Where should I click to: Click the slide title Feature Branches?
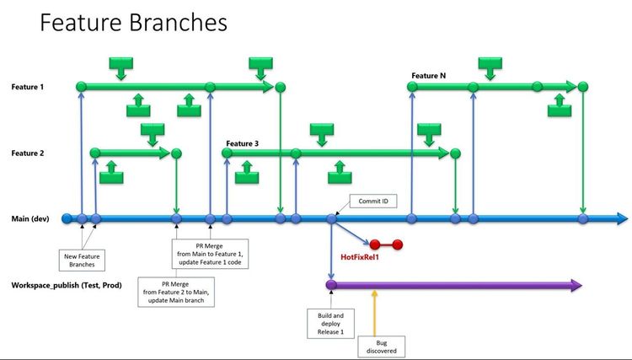click(134, 23)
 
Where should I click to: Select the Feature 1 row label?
click(29, 87)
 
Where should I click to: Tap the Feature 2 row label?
click(29, 153)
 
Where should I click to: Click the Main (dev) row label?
click(30, 219)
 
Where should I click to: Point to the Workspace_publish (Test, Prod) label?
click(67, 285)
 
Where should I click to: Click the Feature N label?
click(428, 76)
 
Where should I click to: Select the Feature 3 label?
click(242, 143)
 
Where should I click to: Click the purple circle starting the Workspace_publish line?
click(331, 285)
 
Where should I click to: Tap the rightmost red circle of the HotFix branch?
click(397, 244)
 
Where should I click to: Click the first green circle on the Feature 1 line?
click(81, 86)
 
